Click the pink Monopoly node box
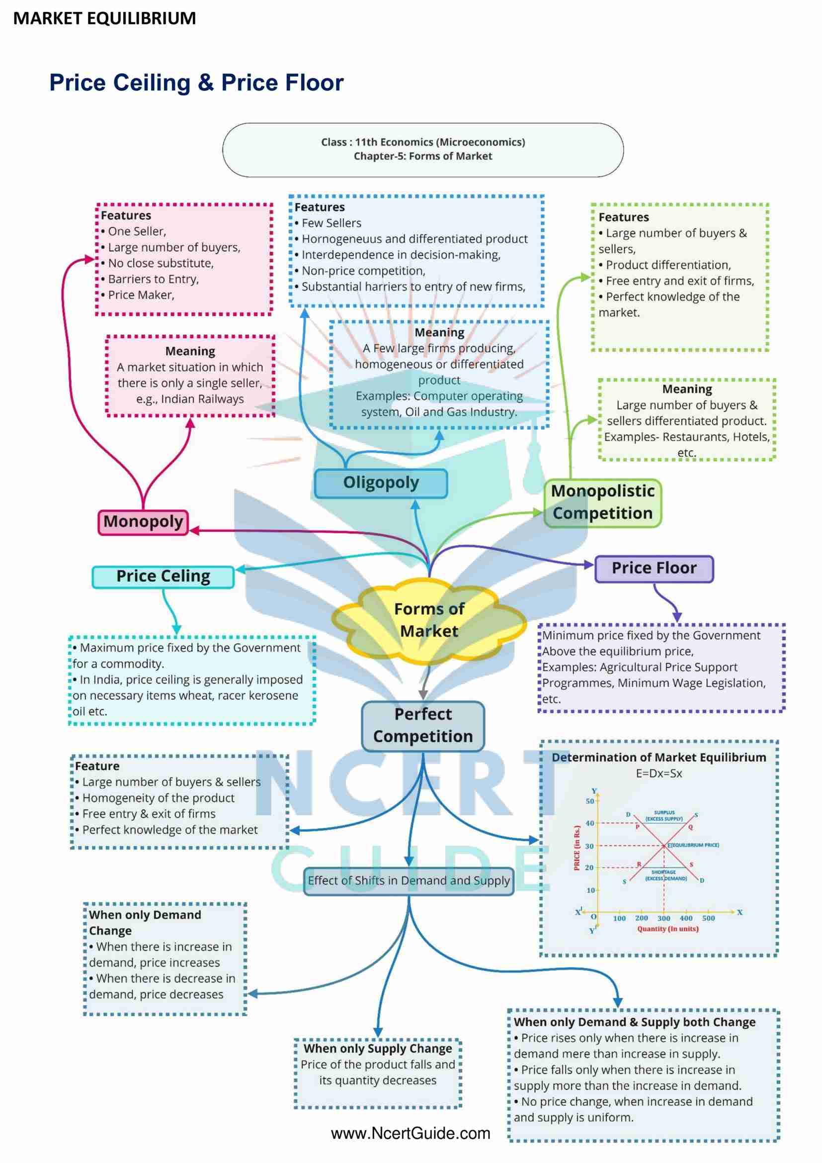tap(143, 522)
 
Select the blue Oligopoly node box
tap(381, 483)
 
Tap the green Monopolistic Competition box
tap(602, 503)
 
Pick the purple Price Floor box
tap(654, 569)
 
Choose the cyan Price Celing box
tap(163, 577)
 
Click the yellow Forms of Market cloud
tap(429, 620)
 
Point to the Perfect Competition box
tap(422, 726)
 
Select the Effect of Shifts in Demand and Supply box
tap(409, 881)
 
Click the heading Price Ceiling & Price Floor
tap(196, 83)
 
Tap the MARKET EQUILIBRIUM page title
tap(104, 19)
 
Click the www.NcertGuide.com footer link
tap(411, 1133)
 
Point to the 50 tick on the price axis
tap(590, 801)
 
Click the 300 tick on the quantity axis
tap(663, 918)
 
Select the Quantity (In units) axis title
tap(667, 929)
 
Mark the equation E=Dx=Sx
tap(659, 774)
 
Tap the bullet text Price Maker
tap(141, 295)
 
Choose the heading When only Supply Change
tap(378, 1049)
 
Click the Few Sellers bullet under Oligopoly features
tap(331, 223)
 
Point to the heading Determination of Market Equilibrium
tap(659, 758)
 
